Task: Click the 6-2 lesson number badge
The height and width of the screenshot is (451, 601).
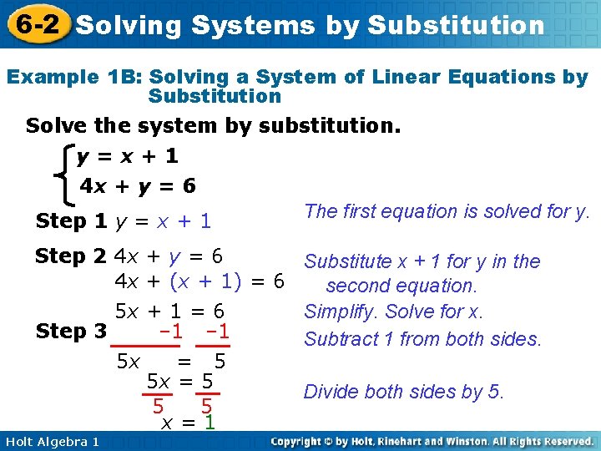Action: [x=36, y=23]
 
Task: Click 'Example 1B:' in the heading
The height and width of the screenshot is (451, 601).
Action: [x=74, y=78]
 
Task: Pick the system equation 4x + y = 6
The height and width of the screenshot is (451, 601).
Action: [x=138, y=186]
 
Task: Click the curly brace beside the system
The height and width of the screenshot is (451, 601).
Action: [x=60, y=172]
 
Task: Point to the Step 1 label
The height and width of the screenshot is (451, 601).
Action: [x=71, y=221]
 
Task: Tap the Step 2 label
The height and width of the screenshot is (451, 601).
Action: [x=71, y=256]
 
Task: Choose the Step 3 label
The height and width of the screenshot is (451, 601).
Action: [x=71, y=331]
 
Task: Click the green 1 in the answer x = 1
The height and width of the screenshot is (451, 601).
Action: [x=210, y=423]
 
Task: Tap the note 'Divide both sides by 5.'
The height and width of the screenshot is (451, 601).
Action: [x=404, y=392]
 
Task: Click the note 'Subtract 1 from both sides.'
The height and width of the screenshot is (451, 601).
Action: [x=423, y=339]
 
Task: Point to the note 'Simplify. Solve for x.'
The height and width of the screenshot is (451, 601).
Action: [x=394, y=312]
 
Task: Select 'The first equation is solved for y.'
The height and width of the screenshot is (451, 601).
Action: [x=447, y=211]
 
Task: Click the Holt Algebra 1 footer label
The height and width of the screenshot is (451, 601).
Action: [x=50, y=441]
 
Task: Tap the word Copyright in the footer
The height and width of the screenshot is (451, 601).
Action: [x=309, y=441]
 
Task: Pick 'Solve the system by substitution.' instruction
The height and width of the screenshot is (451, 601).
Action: [x=213, y=127]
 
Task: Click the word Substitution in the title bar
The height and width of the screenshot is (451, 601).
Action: [x=455, y=25]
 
